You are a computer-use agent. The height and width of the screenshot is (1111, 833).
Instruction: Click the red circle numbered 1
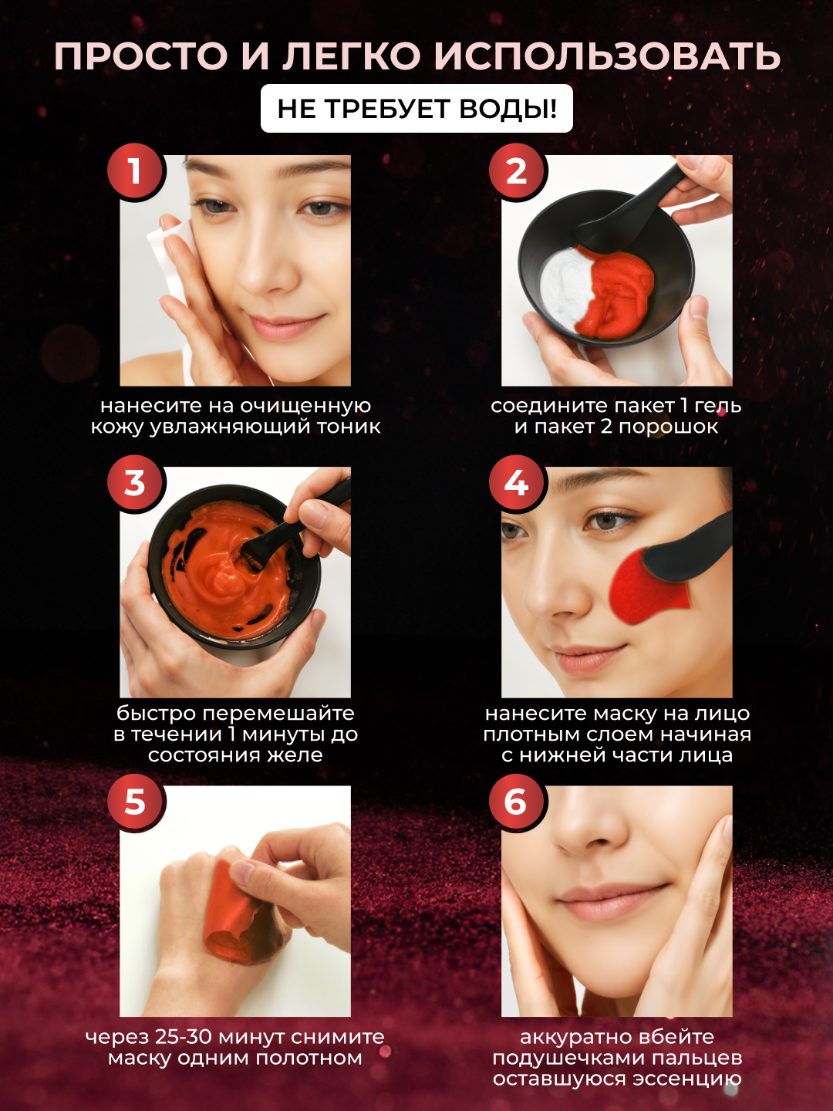(134, 171)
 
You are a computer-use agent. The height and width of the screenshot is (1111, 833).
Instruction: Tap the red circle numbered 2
(517, 171)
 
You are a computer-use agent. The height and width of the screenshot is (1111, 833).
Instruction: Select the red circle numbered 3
(134, 483)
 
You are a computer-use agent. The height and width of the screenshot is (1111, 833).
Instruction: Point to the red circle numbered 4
(517, 483)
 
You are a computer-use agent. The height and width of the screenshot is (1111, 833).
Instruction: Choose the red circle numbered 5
(134, 802)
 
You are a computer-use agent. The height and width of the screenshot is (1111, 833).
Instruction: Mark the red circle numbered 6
(517, 802)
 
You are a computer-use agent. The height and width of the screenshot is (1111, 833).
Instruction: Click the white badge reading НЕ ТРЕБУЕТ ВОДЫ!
(416, 108)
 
